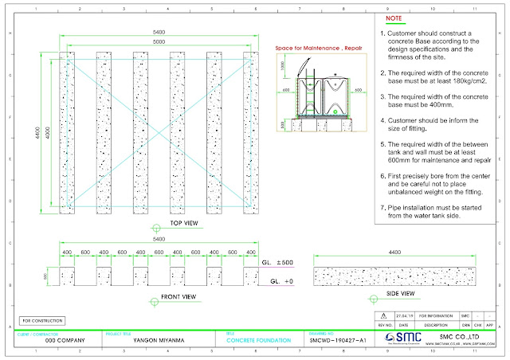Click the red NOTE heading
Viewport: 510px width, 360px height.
point(394,16)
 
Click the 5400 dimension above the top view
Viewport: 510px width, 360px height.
point(161,31)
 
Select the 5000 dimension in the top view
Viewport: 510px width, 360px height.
point(161,41)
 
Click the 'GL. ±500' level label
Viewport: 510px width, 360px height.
point(277,262)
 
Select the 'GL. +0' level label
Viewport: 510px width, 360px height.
point(280,281)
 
